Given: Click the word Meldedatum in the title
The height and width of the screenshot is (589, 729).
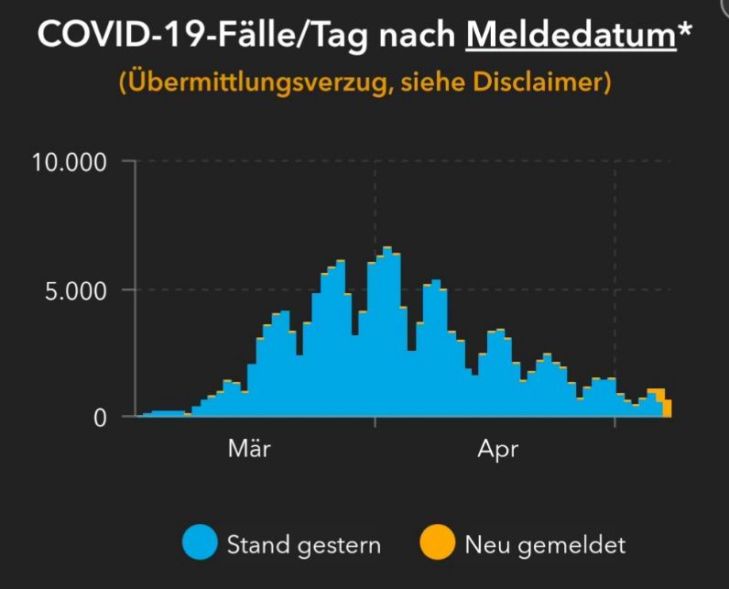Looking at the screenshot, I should (571, 35).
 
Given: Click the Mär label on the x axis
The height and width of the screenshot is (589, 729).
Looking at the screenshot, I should (249, 450).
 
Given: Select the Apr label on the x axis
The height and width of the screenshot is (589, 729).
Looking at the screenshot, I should (498, 450).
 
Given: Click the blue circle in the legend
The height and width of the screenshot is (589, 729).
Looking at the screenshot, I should (200, 544).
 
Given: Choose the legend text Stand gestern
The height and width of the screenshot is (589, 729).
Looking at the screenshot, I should (303, 545).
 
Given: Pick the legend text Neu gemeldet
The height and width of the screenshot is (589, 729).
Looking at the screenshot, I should (545, 545).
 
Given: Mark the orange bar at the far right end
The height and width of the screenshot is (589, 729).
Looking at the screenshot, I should (668, 409).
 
